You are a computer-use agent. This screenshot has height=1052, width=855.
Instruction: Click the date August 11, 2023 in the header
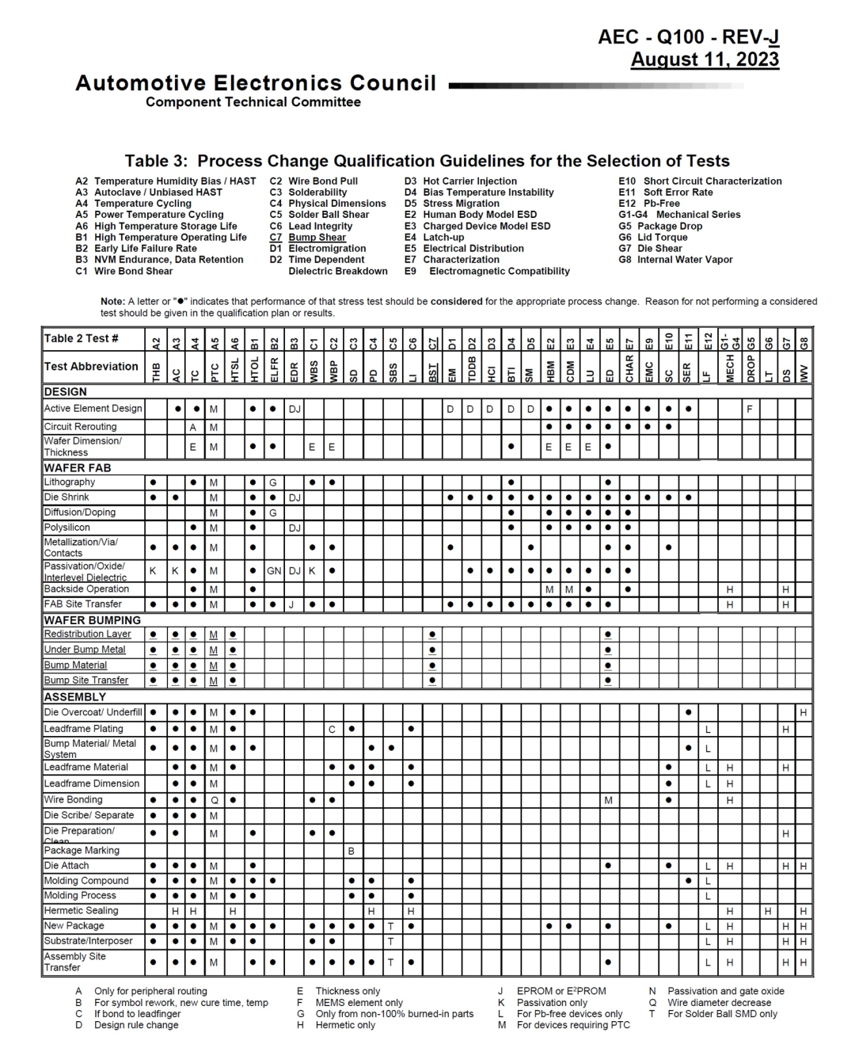point(705,60)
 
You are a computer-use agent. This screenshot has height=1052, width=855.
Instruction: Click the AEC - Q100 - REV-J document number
point(689,37)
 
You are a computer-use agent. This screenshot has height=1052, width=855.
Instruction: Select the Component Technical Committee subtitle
point(253,102)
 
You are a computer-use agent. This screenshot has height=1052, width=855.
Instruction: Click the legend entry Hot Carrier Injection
point(469,181)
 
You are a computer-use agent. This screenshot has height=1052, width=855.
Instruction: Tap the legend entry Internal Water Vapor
point(685,260)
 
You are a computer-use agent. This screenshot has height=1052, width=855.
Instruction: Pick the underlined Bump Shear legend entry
point(317,237)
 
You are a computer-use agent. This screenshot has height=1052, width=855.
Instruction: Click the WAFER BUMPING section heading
point(93,620)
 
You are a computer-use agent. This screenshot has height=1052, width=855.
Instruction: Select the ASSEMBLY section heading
point(75,697)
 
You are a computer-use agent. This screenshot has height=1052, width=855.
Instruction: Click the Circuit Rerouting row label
point(80,426)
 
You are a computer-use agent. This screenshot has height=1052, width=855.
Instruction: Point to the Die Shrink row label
point(66,497)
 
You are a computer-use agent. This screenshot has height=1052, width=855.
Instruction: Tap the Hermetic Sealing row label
point(81,911)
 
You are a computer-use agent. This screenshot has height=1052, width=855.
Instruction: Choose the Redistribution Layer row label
point(88,635)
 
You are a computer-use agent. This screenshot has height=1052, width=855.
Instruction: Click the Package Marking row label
point(82,850)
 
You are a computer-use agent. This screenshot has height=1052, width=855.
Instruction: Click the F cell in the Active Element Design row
point(749,410)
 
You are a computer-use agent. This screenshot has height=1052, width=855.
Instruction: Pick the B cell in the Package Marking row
point(351,851)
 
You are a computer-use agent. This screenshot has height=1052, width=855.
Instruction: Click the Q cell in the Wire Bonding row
point(214,800)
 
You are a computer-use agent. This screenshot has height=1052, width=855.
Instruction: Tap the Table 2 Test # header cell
point(82,338)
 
